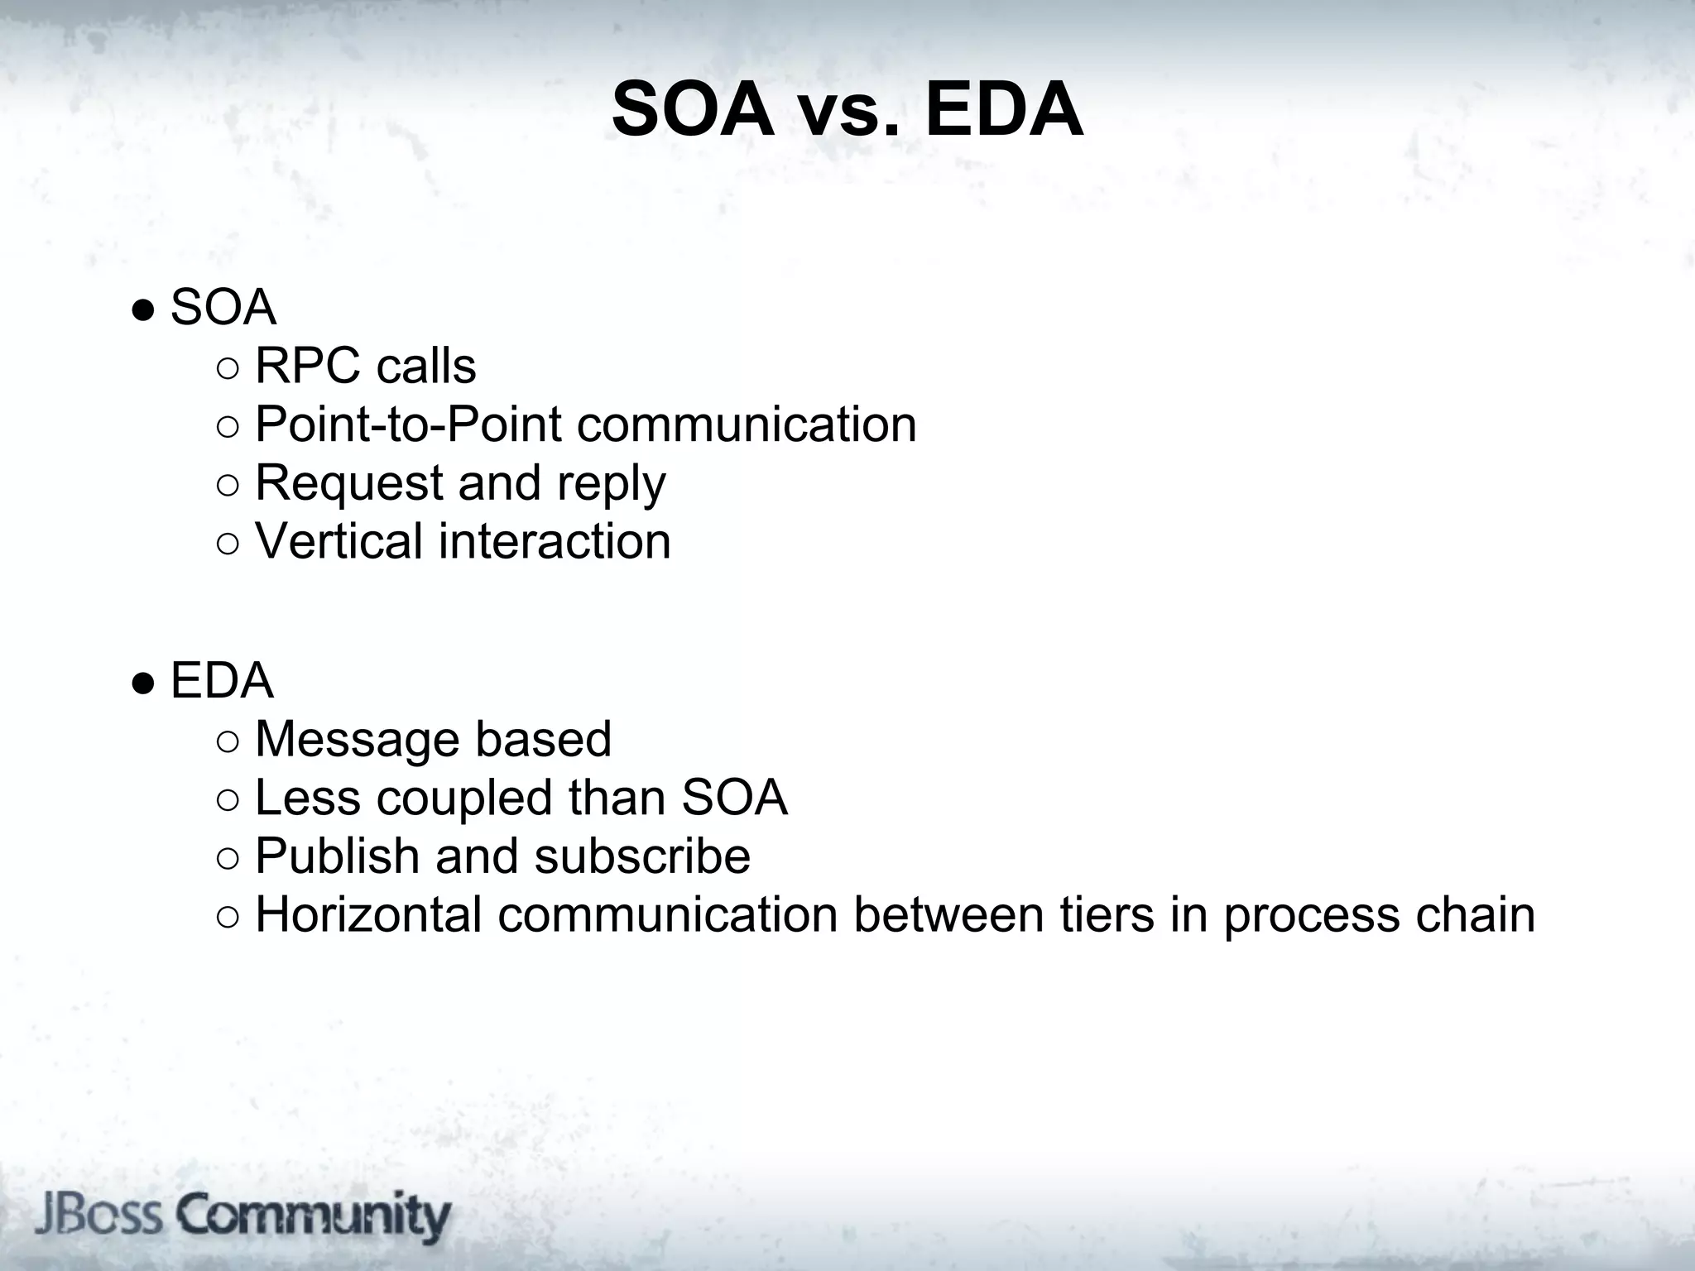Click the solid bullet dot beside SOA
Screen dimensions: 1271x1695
coord(143,311)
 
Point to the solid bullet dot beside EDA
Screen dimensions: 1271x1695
coord(143,683)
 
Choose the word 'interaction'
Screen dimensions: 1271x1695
coord(554,541)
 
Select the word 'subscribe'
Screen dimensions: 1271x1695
coord(642,856)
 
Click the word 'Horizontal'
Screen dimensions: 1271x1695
coord(368,914)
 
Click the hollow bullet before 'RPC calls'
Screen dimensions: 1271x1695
coord(228,368)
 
